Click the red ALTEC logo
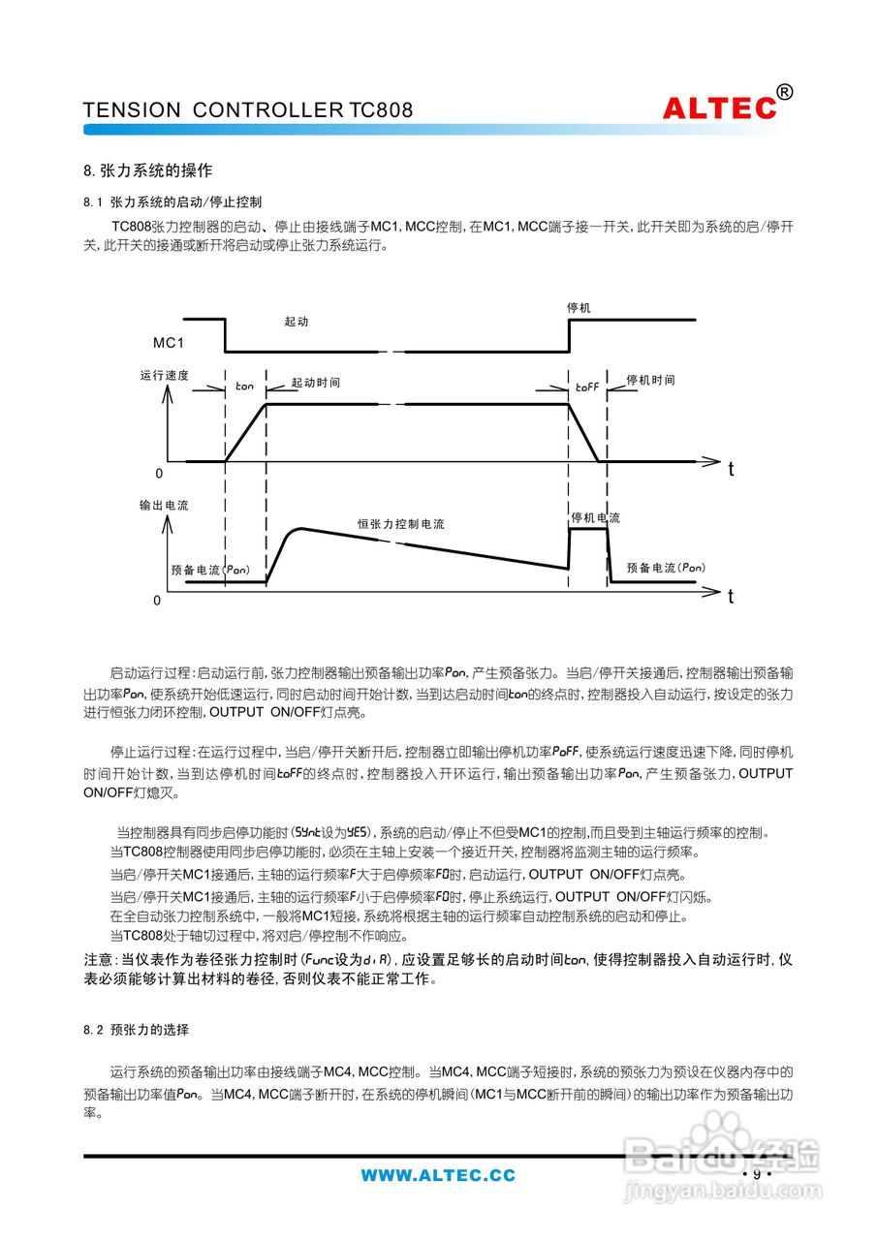(x=719, y=108)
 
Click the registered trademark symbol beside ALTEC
(x=785, y=93)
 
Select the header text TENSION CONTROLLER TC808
(x=248, y=110)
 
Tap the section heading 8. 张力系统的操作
(x=147, y=170)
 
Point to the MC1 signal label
(x=169, y=343)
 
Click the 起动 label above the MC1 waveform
(x=297, y=323)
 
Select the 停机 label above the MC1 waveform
(x=579, y=308)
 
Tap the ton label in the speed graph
(x=244, y=387)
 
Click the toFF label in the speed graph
(x=587, y=387)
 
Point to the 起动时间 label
(x=316, y=383)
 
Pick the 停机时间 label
(x=651, y=380)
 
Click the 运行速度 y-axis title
(x=164, y=375)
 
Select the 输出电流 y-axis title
(x=164, y=506)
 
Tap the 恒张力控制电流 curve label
(x=400, y=524)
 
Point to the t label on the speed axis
(x=731, y=469)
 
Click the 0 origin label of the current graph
(x=157, y=601)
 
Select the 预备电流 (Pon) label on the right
(x=666, y=568)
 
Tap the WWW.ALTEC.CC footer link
(x=438, y=1176)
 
